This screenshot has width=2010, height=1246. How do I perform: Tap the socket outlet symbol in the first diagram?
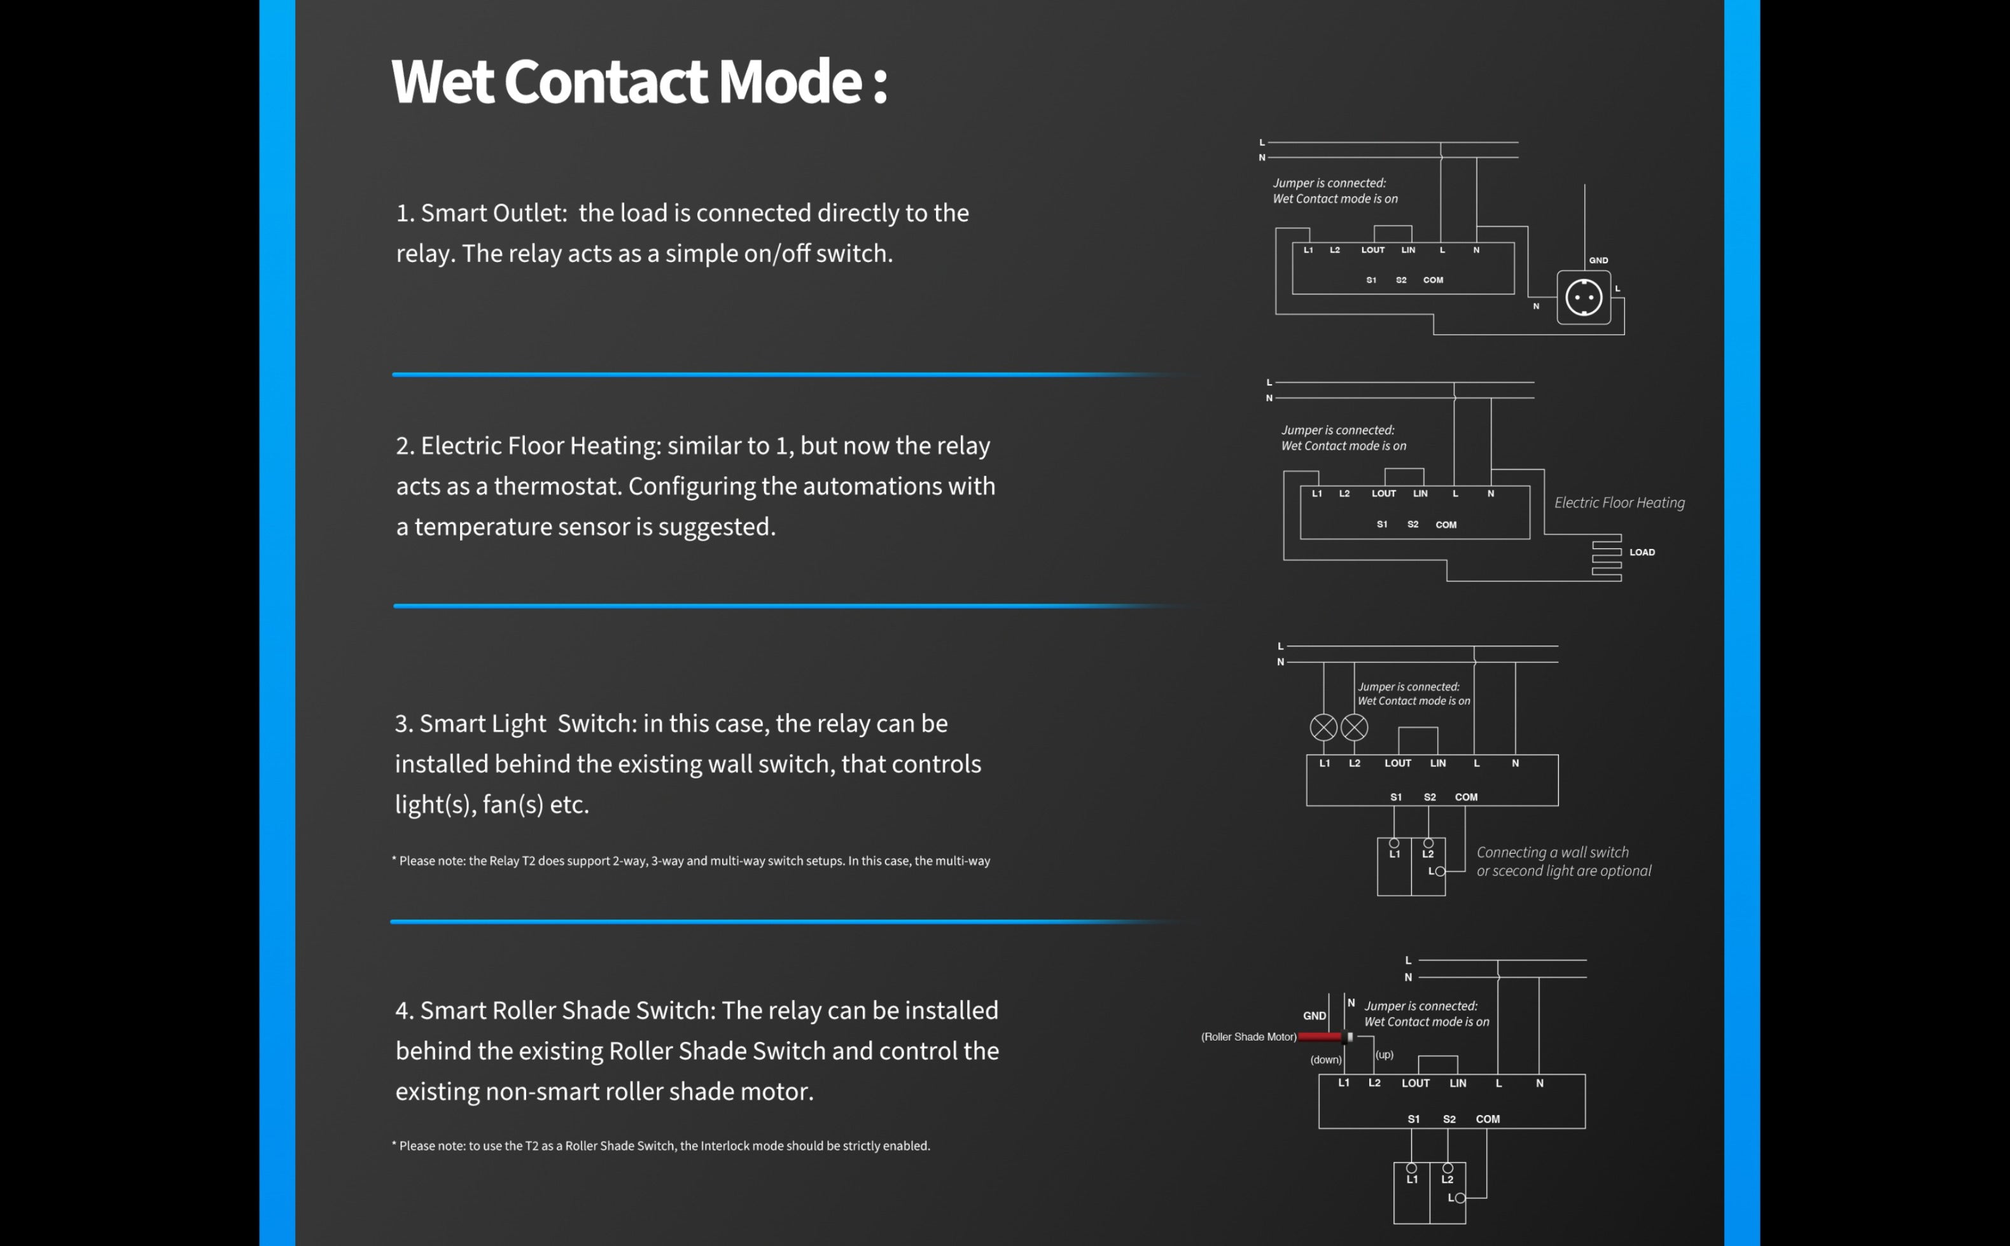[x=1583, y=298]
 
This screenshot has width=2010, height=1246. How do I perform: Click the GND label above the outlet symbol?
[x=1598, y=260]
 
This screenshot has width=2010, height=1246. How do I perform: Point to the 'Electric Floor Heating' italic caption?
[x=1619, y=502]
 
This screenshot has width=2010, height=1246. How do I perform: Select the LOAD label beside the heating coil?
[x=1642, y=552]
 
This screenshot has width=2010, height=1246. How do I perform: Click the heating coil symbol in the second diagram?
[x=1606, y=560]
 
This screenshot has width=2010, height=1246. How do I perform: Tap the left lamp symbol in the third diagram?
[x=1323, y=727]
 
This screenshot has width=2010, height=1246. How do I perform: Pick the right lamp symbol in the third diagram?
[x=1354, y=727]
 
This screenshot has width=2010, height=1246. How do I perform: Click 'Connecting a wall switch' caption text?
[x=1552, y=852]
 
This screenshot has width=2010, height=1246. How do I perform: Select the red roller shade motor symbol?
[x=1322, y=1037]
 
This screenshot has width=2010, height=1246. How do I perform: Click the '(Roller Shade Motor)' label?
[x=1248, y=1037]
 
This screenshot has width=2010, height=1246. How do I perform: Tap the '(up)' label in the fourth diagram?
[x=1385, y=1054]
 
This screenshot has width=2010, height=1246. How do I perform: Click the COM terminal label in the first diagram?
[x=1433, y=280]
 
